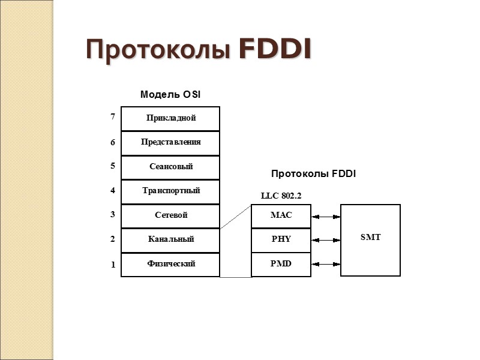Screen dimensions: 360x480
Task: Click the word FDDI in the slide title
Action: [275, 50]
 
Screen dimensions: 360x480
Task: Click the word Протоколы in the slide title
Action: [159, 50]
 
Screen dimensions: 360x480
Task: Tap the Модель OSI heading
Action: [170, 95]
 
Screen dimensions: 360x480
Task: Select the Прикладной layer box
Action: [170, 118]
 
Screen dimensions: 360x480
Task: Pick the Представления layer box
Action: [170, 143]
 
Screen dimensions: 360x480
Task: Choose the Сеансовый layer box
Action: [170, 167]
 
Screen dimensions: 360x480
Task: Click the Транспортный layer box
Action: [170, 191]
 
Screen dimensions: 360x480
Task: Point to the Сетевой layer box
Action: [170, 215]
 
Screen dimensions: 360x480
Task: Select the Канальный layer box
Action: [170, 240]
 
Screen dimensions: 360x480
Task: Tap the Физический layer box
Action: [170, 264]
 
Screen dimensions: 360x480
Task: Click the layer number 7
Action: [112, 118]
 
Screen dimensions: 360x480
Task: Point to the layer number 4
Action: [112, 191]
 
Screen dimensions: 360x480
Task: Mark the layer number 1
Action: [112, 265]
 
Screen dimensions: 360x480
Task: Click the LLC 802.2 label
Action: [281, 196]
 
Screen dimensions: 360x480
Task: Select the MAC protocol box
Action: [281, 215]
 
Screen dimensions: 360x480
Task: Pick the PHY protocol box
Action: [281, 239]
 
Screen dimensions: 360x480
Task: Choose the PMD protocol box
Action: [281, 264]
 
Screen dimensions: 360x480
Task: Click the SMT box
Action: [370, 239]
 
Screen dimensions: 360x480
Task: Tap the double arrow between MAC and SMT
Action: [326, 216]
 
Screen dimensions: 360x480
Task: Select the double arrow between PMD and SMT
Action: [326, 264]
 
